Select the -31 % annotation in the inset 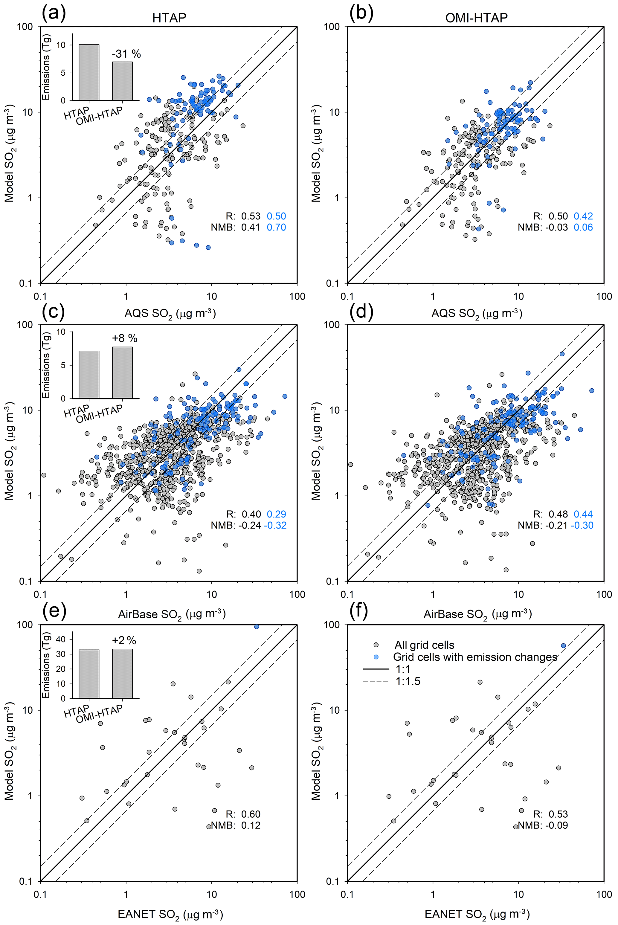click(126, 54)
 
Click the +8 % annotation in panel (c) click(125, 338)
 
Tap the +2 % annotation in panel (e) click(124, 640)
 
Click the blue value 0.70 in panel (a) click(276, 228)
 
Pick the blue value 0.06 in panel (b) click(583, 228)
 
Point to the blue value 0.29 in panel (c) click(276, 514)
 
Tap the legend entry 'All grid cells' click(424, 645)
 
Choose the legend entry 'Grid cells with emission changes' click(475, 657)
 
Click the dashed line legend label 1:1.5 click(408, 681)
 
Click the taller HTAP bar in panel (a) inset click(89, 73)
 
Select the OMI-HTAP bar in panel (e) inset click(122, 674)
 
